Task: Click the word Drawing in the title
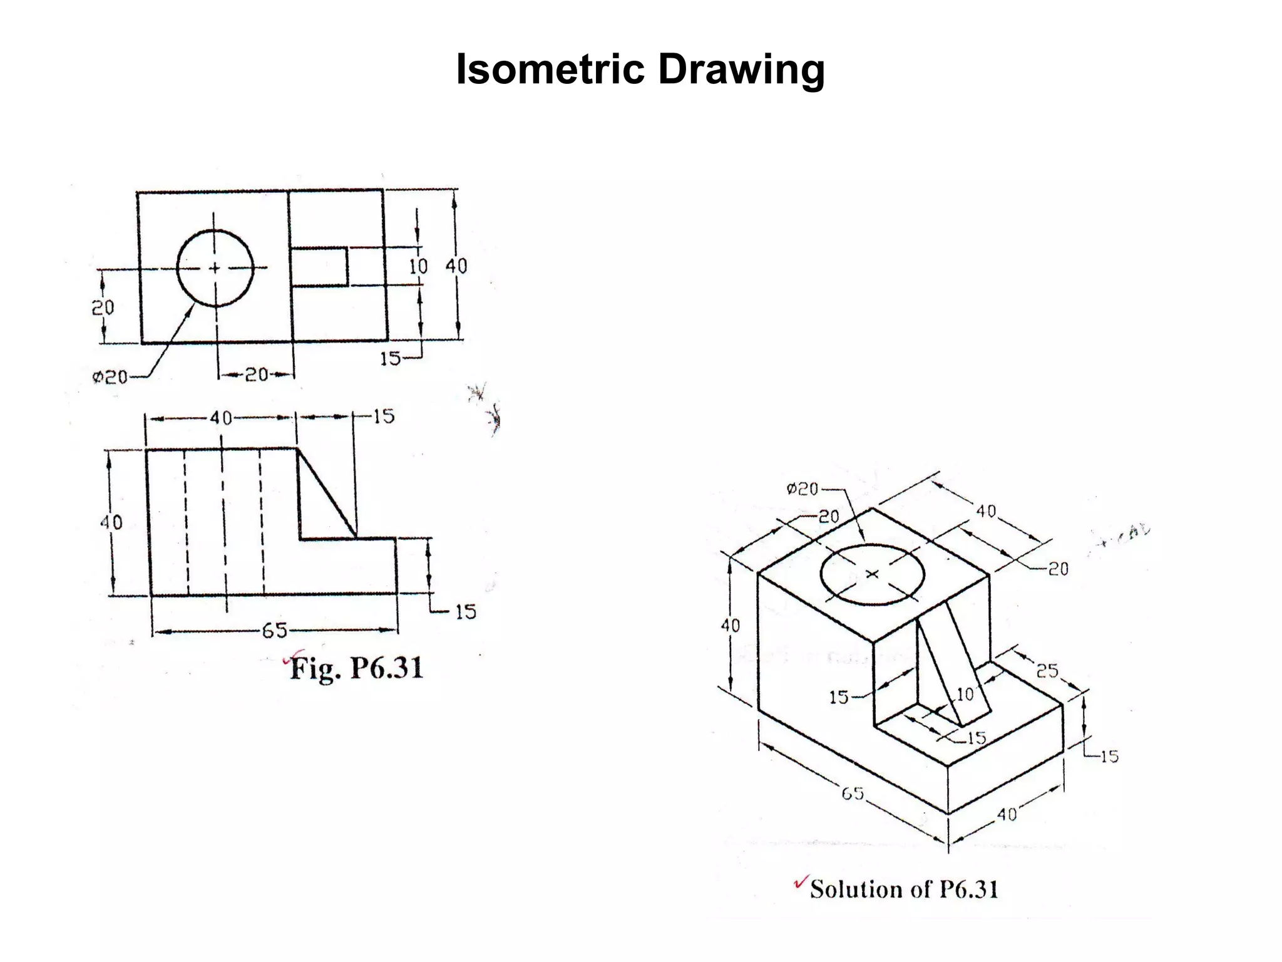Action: click(x=741, y=70)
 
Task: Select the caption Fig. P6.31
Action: click(x=356, y=668)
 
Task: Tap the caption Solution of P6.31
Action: click(x=903, y=889)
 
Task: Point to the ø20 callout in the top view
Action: click(x=110, y=377)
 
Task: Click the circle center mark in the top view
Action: click(x=215, y=268)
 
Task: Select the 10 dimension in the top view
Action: click(x=418, y=266)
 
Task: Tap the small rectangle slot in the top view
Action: click(x=320, y=267)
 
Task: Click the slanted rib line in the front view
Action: click(x=327, y=494)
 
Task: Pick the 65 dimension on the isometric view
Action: click(x=853, y=794)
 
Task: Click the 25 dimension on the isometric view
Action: click(x=1047, y=671)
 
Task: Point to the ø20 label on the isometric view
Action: click(x=803, y=489)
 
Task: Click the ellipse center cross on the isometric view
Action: click(x=873, y=574)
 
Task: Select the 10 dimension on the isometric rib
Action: click(x=965, y=694)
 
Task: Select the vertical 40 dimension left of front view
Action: click(x=111, y=522)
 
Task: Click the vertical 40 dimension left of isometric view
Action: click(x=730, y=625)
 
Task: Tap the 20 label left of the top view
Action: click(x=103, y=308)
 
